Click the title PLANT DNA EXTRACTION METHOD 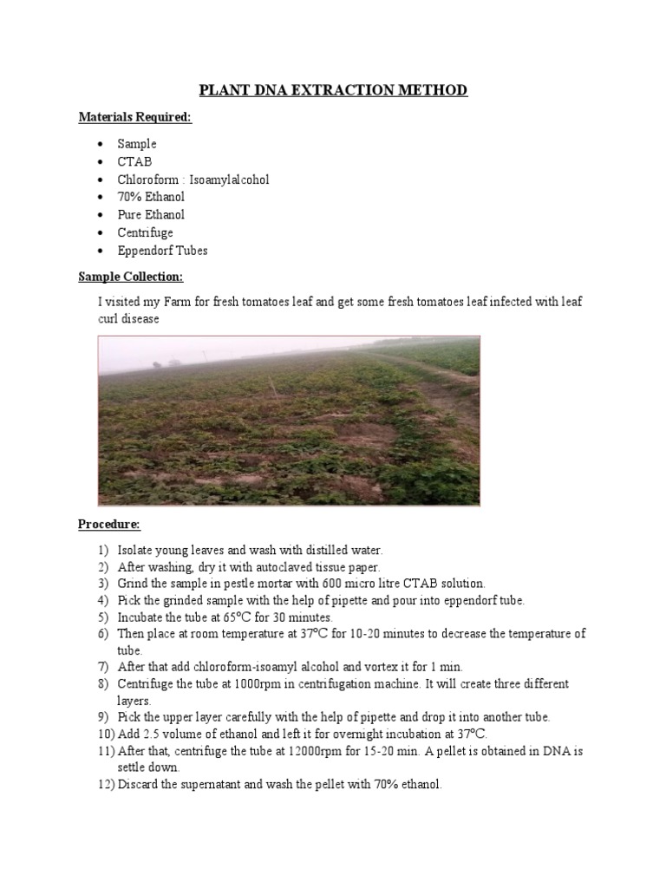point(334,90)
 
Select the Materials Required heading point(134,117)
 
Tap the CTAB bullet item point(134,161)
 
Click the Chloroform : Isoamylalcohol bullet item point(193,180)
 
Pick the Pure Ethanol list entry point(151,215)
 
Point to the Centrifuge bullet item point(146,232)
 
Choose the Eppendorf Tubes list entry point(163,251)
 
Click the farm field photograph point(289,421)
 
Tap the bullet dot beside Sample point(101,144)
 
